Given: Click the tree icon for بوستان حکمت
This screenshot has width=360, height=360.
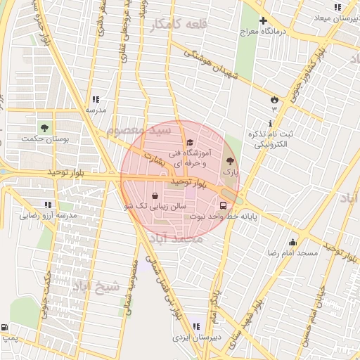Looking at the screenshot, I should pyautogui.click(x=45, y=129).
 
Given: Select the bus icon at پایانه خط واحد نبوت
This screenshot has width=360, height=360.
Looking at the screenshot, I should pyautogui.click(x=224, y=206).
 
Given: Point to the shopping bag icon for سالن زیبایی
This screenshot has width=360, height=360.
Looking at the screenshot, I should pyautogui.click(x=155, y=195).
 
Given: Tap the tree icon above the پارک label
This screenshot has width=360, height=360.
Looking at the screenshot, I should pyautogui.click(x=231, y=161).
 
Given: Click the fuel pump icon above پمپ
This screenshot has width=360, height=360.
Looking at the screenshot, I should pyautogui.click(x=6, y=328).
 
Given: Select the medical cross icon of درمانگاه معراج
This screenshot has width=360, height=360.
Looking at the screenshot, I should pyautogui.click(x=263, y=21).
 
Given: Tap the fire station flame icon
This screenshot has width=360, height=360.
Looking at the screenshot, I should pyautogui.click(x=274, y=98).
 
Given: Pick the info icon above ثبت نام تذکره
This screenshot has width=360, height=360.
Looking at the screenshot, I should pyautogui.click(x=271, y=124).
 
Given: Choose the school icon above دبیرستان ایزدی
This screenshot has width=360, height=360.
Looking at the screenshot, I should pyautogui.click(x=195, y=326).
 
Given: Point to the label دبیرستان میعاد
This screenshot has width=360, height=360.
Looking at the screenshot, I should pyautogui.click(x=337, y=18).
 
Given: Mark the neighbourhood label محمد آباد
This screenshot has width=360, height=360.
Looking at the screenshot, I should pyautogui.click(x=181, y=240).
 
